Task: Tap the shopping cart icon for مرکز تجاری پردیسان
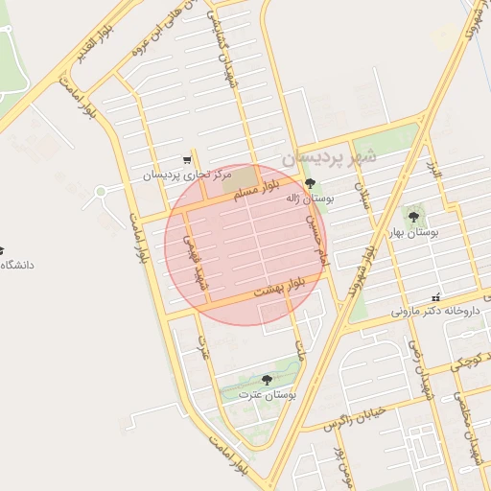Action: tap(186, 160)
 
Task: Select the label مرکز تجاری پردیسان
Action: tap(188, 175)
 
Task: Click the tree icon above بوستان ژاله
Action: tap(309, 182)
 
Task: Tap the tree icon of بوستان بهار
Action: tap(413, 217)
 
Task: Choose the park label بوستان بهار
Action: tap(413, 232)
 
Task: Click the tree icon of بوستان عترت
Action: tap(267, 380)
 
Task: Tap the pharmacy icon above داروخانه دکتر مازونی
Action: tap(436, 297)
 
